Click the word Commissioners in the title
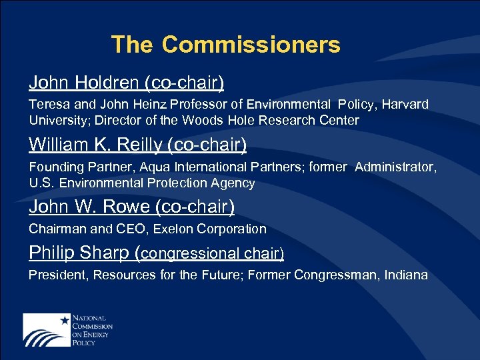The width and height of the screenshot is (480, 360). [251, 45]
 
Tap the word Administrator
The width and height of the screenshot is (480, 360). [395, 167]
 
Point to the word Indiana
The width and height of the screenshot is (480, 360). [406, 275]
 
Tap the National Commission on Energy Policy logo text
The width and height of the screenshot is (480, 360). [91, 329]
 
